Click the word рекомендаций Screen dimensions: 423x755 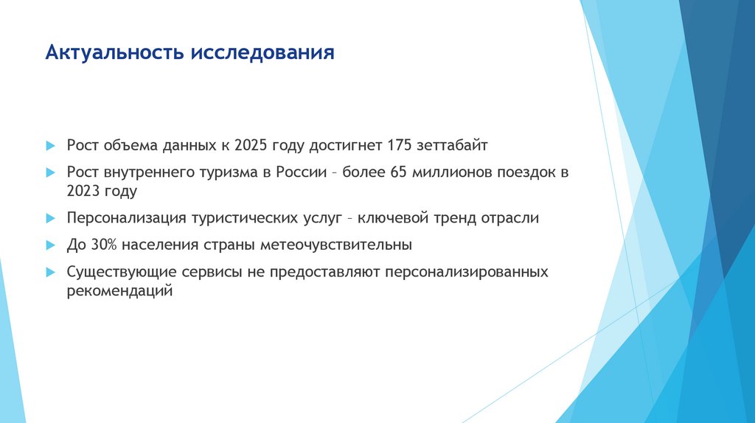[119, 291]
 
